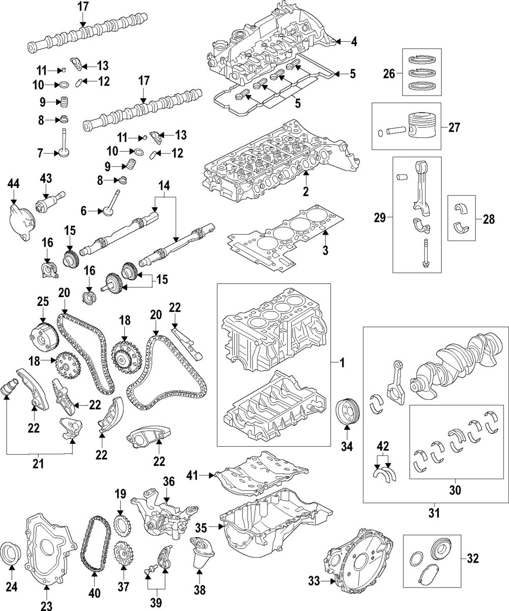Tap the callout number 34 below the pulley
tap(346, 448)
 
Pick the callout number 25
tap(42, 302)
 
